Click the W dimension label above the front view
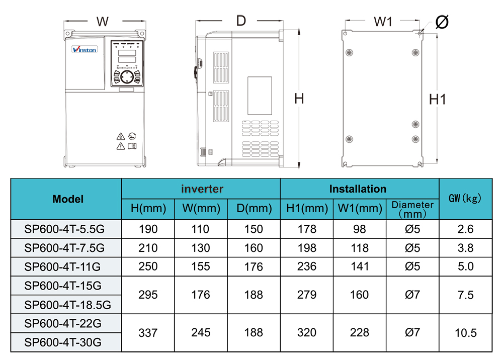pos(103,22)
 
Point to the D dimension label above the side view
pos(241,21)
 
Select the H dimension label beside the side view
pos(299,99)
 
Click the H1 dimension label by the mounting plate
pos(438,100)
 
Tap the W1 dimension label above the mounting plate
pos(383,21)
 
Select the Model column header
pos(68,199)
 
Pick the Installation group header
pos(358,189)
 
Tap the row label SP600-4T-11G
pos(64,266)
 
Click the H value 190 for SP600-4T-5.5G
pos(148,229)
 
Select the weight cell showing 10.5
pos(466,332)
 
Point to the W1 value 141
pos(359,266)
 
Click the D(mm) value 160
pos(253,248)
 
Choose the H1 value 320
pos(306,332)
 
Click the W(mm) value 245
pos(201,332)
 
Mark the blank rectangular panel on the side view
pos(260,96)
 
